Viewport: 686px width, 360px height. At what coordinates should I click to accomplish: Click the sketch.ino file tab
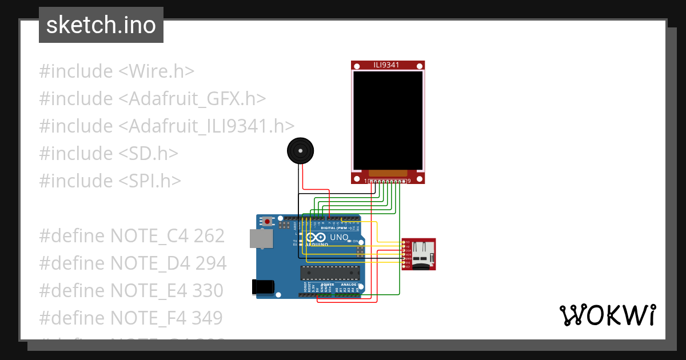tap(101, 25)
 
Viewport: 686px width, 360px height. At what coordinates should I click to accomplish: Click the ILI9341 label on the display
tap(387, 65)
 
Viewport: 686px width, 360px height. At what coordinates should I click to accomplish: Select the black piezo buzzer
tap(300, 151)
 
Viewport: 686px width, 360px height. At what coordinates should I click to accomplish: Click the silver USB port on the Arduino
tap(261, 239)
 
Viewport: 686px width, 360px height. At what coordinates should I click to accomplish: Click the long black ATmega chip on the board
tap(331, 273)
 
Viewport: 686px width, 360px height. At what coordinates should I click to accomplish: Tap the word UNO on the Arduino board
tap(339, 237)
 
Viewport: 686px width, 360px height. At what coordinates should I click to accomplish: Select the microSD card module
tap(418, 254)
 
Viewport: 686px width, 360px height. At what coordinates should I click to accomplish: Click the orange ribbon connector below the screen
tap(388, 173)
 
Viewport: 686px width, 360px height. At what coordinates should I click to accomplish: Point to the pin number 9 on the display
tap(409, 181)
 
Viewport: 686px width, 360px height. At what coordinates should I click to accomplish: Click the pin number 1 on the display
tap(366, 181)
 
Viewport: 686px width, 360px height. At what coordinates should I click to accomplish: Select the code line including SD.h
tap(109, 153)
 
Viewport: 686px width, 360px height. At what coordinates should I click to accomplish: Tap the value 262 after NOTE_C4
tap(209, 235)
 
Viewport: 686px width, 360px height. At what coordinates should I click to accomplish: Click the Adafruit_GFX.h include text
tap(192, 99)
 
